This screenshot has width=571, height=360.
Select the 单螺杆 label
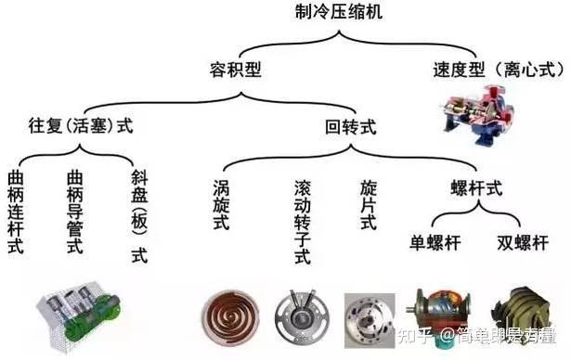tap(435, 244)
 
